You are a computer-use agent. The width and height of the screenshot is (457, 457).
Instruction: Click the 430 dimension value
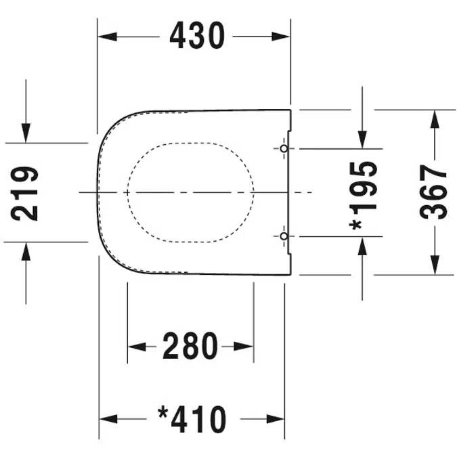[197, 36]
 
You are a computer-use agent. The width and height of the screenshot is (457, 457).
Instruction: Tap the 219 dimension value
[24, 194]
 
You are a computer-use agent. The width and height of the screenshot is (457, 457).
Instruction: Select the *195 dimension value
[363, 196]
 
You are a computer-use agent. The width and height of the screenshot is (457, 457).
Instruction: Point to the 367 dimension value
[433, 192]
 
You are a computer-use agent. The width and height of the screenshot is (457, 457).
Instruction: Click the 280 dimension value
[190, 346]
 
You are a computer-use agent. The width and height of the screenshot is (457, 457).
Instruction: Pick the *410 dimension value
[192, 419]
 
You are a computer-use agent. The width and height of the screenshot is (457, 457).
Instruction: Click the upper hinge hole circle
[284, 149]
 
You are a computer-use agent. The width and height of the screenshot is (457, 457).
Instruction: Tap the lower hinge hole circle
[284, 236]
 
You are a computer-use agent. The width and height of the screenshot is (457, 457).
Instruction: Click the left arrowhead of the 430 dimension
[107, 37]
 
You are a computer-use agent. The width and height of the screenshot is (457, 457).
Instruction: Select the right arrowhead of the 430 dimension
[280, 37]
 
